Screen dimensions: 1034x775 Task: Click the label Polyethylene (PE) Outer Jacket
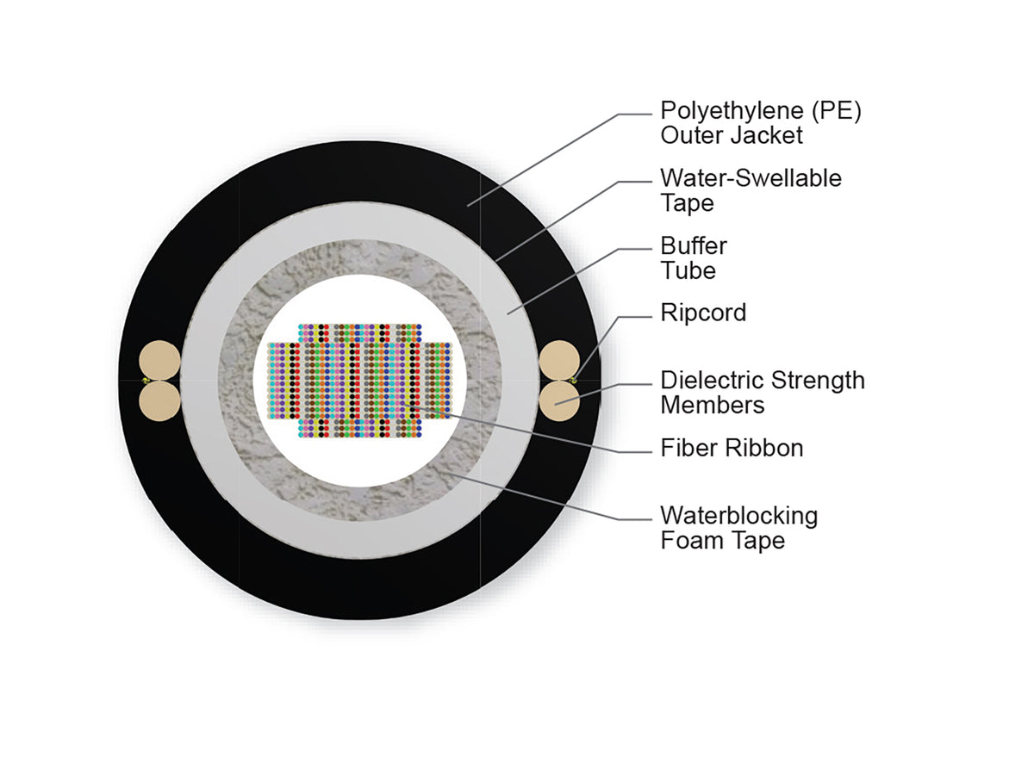[x=760, y=123]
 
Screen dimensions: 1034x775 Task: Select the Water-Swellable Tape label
[x=751, y=190]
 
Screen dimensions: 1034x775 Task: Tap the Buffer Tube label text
[x=694, y=257]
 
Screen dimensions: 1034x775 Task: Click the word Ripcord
[x=703, y=313]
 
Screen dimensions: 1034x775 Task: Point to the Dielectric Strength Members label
[x=763, y=393]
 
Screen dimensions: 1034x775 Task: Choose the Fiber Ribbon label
[x=732, y=448]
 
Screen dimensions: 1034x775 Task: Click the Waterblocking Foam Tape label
[x=738, y=528]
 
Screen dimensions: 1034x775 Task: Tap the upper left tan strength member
[x=159, y=361]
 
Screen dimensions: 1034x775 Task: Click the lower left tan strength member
[x=159, y=401]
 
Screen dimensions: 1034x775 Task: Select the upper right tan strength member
[x=559, y=361]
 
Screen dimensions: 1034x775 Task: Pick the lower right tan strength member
[x=559, y=401]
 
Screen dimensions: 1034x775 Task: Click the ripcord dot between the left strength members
[x=146, y=381]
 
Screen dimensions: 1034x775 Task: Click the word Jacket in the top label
[x=767, y=135]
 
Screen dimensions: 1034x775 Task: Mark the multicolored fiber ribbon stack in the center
[x=360, y=381]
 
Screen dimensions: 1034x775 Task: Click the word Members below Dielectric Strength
[x=713, y=405]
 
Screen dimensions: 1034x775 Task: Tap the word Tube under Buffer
[x=688, y=270]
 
